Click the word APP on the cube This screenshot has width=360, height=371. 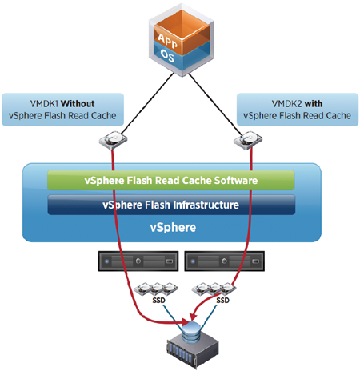[167, 41]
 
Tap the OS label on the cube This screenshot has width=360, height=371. [167, 56]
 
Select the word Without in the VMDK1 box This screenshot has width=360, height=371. [78, 103]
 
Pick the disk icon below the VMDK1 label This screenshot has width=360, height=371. [113, 140]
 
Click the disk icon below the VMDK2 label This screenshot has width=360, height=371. [248, 140]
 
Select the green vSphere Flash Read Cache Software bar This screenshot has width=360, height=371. [171, 181]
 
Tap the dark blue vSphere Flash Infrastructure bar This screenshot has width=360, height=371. [171, 205]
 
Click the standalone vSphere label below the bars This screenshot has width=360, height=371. [173, 227]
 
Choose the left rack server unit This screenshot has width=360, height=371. [138, 261]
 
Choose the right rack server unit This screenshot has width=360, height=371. [225, 261]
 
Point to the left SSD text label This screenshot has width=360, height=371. [158, 301]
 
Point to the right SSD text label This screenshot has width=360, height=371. [222, 301]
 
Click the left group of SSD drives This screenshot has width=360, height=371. [156, 289]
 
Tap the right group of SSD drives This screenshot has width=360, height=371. [214, 289]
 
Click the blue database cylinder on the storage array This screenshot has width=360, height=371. [192, 332]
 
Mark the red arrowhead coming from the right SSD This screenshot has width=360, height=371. [193, 316]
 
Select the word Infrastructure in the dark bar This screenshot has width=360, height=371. [206, 205]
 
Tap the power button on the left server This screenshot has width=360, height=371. [138, 261]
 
